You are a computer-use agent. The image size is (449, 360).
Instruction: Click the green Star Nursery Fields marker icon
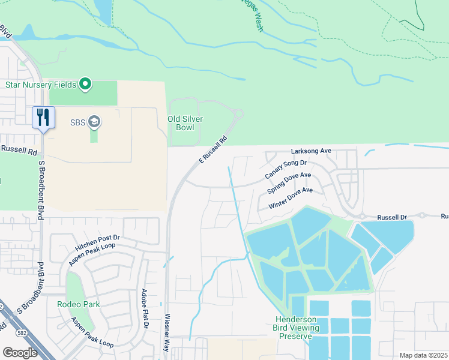pyautogui.click(x=85, y=84)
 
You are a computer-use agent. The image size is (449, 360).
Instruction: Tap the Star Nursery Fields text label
pyautogui.click(x=41, y=85)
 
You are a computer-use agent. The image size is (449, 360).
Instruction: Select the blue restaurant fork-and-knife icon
pyautogui.click(x=43, y=116)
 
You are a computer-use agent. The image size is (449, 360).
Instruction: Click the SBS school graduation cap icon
pyautogui.click(x=94, y=122)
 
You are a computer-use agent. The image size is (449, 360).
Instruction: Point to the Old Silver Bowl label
pyautogui.click(x=185, y=123)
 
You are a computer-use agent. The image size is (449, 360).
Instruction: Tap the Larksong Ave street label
pyautogui.click(x=311, y=151)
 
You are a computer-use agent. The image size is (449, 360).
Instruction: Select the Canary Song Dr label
pyautogui.click(x=286, y=170)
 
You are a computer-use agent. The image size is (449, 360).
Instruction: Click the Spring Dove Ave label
pyautogui.click(x=289, y=184)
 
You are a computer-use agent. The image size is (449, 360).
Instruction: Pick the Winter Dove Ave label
pyautogui.click(x=291, y=198)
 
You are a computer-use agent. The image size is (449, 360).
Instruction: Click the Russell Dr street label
pyautogui.click(x=392, y=217)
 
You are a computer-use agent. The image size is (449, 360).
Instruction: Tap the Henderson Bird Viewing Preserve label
pyautogui.click(x=295, y=328)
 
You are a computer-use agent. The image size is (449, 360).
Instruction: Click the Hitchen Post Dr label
pyautogui.click(x=98, y=239)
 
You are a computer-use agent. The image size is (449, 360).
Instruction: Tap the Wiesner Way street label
pyautogui.click(x=167, y=334)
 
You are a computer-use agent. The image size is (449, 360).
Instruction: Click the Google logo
pyautogui.click(x=20, y=352)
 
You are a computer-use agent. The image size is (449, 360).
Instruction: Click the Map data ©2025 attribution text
pyautogui.click(x=423, y=355)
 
